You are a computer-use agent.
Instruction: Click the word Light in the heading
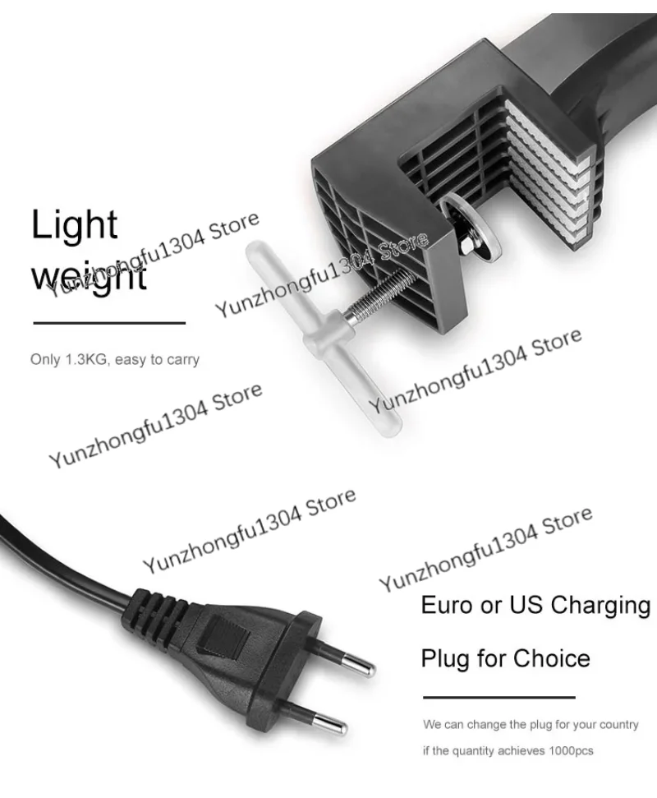point(74,225)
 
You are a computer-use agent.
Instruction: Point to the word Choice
point(553,658)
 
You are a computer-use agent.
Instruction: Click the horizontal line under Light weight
point(109,323)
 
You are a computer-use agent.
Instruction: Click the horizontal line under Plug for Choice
point(498,697)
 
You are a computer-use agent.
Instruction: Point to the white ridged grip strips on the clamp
point(549,173)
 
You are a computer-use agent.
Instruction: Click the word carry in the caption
point(183,360)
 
